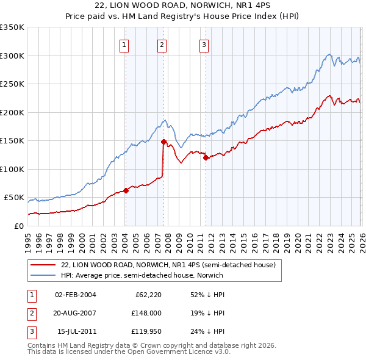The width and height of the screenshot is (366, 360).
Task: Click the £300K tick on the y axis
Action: point(12,56)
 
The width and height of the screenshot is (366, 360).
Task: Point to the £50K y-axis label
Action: point(14,198)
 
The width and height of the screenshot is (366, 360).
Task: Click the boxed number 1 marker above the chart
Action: point(124,44)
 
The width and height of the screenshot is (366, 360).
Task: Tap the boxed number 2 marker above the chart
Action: point(162,44)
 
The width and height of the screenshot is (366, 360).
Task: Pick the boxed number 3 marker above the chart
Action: point(203,44)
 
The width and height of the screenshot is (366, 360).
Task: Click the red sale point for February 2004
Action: point(126,190)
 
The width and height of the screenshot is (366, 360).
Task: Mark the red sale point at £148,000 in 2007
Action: point(163,142)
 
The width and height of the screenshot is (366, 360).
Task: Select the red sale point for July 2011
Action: point(206,157)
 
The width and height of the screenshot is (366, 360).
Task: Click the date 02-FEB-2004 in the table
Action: point(75,295)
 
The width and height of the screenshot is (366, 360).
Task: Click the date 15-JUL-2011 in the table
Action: point(75,333)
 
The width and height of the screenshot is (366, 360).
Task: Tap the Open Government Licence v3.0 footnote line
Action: point(129,352)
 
